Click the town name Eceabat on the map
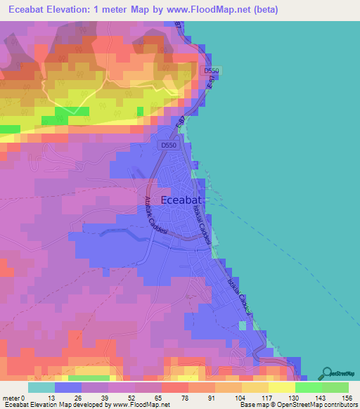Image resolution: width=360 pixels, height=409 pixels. (184, 200)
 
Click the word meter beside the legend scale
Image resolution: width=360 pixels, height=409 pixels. (11, 379)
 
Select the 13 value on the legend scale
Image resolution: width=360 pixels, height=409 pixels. (50, 379)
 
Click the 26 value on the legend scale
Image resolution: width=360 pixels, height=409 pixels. (77, 379)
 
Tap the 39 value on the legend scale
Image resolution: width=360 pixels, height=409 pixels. (103, 379)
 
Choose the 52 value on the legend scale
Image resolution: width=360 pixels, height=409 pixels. (130, 379)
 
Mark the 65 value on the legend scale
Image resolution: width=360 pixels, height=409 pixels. (157, 379)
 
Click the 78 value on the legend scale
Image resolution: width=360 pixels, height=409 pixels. (184, 379)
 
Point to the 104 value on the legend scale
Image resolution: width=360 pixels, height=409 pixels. (237, 379)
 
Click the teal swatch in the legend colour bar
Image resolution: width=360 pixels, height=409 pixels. (41, 388)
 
